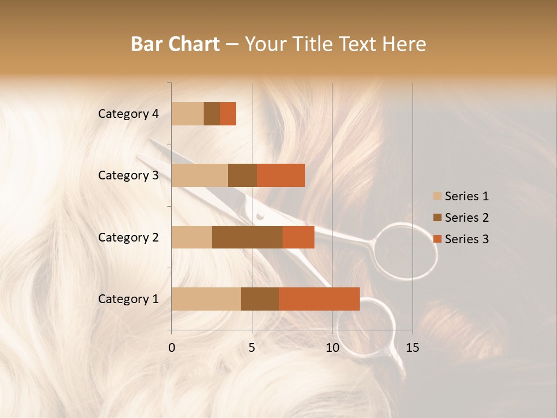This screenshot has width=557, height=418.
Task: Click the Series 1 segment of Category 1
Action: pyautogui.click(x=206, y=299)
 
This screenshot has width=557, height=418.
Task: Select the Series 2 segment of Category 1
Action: pyautogui.click(x=260, y=299)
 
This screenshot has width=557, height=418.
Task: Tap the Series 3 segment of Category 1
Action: pyautogui.click(x=319, y=299)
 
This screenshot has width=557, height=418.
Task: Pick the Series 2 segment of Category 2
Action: pyautogui.click(x=247, y=237)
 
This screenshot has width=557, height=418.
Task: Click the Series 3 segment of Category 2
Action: pyautogui.click(x=298, y=237)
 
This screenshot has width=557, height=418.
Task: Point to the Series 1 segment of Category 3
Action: pyautogui.click(x=200, y=175)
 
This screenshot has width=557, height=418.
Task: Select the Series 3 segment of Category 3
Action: pyautogui.click(x=281, y=175)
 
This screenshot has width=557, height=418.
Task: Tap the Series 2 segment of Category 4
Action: pyautogui.click(x=212, y=114)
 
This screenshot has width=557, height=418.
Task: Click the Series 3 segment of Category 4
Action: pyautogui.click(x=228, y=114)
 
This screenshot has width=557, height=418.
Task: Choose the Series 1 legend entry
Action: pyautogui.click(x=461, y=196)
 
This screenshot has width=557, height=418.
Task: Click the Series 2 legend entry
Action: pyautogui.click(x=461, y=218)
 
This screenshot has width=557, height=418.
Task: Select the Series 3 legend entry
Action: pyautogui.click(x=461, y=239)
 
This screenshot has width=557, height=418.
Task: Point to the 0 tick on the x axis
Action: pyautogui.click(x=172, y=348)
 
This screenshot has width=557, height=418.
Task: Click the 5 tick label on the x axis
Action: pyautogui.click(x=252, y=348)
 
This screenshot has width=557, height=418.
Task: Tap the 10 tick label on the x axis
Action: pyautogui.click(x=332, y=348)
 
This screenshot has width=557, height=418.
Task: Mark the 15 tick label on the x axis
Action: pyautogui.click(x=412, y=348)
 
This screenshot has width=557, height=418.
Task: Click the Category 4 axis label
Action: pyautogui.click(x=128, y=114)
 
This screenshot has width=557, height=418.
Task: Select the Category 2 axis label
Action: pyautogui.click(x=128, y=237)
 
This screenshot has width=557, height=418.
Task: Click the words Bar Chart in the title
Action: pyautogui.click(x=175, y=44)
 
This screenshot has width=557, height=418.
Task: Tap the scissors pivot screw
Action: pyautogui.click(x=260, y=216)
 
